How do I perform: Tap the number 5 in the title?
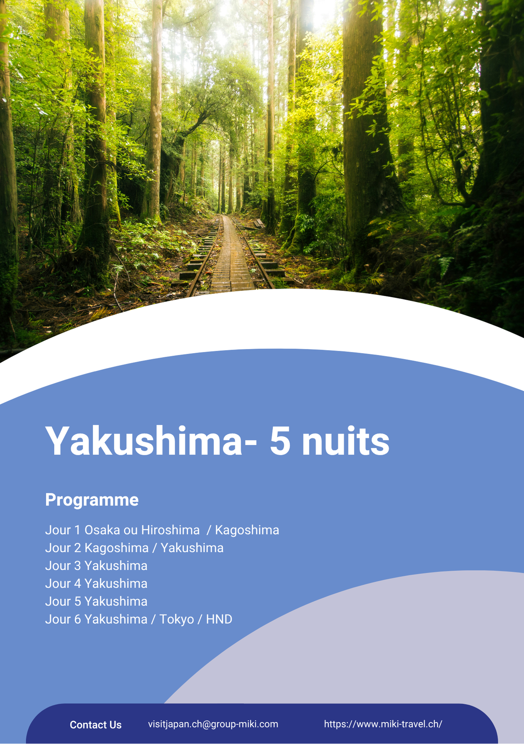coord(280,441)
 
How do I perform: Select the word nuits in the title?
coord(346,441)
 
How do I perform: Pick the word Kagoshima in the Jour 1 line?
coord(247,530)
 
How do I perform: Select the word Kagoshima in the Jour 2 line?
coord(116,548)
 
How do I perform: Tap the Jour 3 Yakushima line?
coord(96,566)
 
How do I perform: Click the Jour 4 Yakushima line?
coord(96,584)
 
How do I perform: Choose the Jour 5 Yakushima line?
coord(96,602)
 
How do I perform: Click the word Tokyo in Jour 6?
coord(177,620)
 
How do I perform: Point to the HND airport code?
coord(219,619)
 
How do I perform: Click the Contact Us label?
coord(96,725)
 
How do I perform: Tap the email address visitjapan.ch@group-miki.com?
coord(213,724)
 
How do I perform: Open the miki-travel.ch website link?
coord(383,724)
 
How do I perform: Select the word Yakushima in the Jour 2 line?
coord(192,548)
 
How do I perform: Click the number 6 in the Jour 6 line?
coord(77,619)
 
